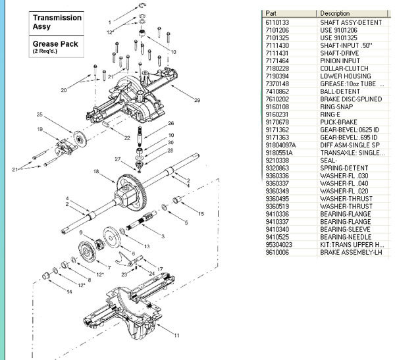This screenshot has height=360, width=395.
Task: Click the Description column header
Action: point(334,13)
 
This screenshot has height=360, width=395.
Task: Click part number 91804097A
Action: point(278,144)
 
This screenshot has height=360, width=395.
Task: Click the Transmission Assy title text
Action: point(57,22)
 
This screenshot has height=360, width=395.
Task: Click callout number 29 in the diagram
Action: point(196,99)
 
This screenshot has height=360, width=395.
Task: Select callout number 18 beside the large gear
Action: point(95,171)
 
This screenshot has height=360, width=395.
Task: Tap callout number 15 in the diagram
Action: point(201,215)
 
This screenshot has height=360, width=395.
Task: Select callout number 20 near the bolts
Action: point(64,90)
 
